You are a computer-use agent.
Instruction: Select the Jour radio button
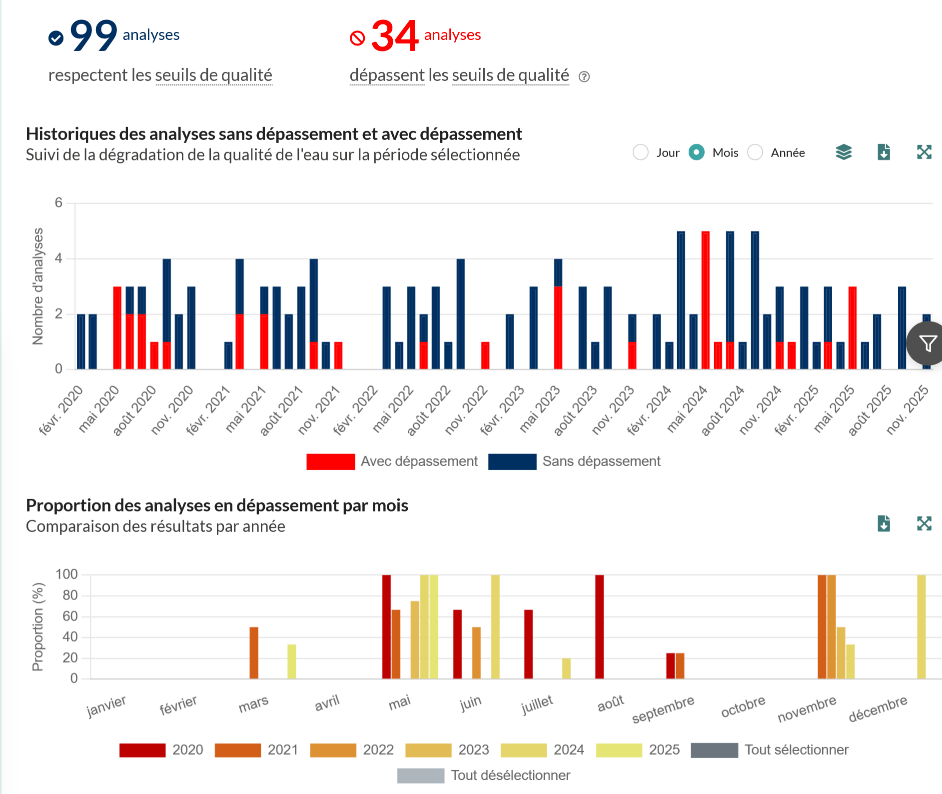[x=641, y=152]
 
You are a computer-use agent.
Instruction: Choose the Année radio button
[x=755, y=152]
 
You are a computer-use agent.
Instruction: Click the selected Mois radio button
[x=697, y=152]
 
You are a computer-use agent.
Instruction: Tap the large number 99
[x=93, y=35]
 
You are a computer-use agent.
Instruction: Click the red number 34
[x=395, y=36]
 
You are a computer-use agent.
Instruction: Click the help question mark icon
[x=584, y=77]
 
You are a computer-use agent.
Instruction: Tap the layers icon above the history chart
[x=844, y=152]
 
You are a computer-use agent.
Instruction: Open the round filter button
[x=927, y=343]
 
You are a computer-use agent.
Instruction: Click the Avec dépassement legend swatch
[x=331, y=461]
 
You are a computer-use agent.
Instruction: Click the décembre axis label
[x=878, y=709]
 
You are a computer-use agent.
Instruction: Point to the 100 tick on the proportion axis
[x=66, y=574]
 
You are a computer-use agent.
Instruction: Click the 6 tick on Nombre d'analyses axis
[x=59, y=202]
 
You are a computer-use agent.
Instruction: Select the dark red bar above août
[x=600, y=627]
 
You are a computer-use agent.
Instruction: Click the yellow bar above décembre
[x=922, y=627]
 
